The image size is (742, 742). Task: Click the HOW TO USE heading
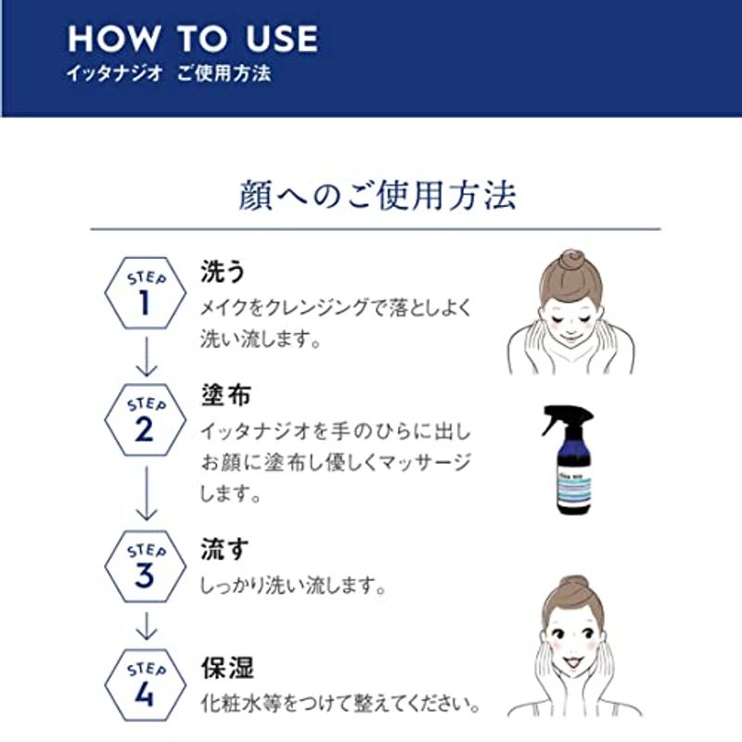(193, 39)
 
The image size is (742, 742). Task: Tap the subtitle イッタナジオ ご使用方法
(169, 73)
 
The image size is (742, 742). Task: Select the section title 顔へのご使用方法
(377, 195)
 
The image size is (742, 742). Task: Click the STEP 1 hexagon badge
(146, 293)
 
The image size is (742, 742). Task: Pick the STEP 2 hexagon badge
(146, 420)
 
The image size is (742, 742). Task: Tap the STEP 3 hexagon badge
(146, 566)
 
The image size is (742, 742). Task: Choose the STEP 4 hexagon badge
(146, 684)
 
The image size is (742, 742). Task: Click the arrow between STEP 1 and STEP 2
(147, 357)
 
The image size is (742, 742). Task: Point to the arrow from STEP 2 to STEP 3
(147, 493)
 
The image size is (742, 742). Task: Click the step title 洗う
(223, 272)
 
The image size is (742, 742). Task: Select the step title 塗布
(225, 395)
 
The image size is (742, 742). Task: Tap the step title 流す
(224, 549)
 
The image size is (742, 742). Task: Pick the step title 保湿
(227, 668)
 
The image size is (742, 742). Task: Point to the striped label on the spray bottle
(574, 484)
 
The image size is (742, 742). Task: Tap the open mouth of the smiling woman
(572, 662)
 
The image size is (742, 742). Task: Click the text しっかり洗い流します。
(292, 585)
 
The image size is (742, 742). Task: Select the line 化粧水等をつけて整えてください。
(339, 704)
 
